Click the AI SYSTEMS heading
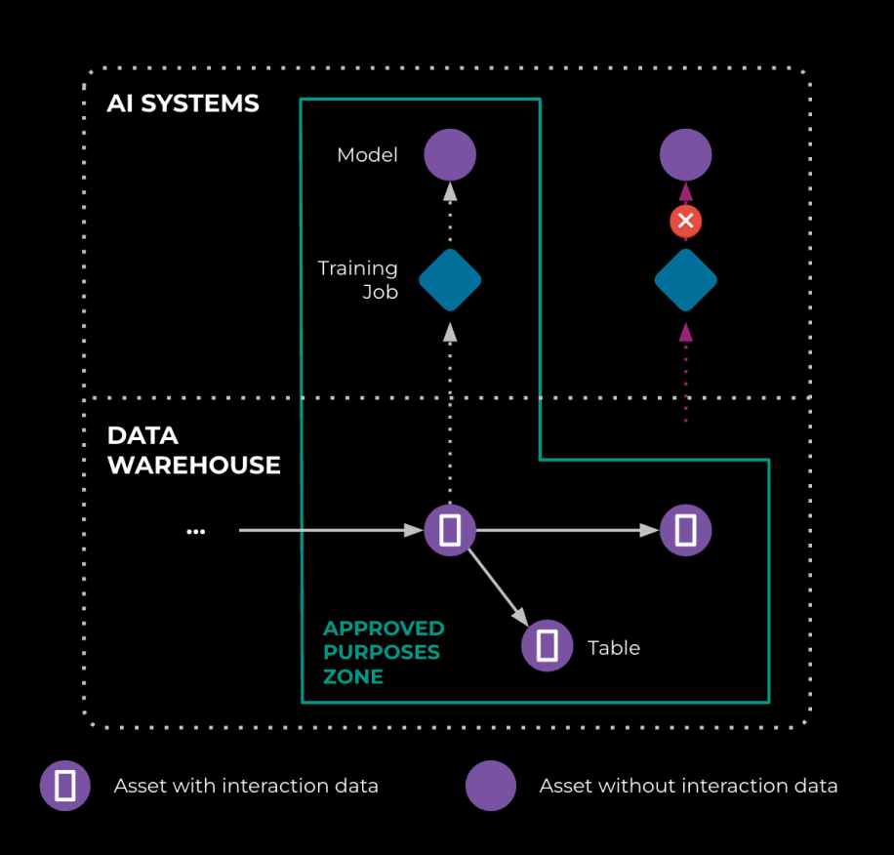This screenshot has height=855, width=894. coord(183,103)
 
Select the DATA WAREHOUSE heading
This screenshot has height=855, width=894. coord(193,450)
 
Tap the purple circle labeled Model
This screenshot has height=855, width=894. coord(450,154)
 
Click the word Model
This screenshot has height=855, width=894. coord(367,155)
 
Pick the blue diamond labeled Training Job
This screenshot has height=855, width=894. coord(450,280)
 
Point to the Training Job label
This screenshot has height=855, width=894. coord(358,279)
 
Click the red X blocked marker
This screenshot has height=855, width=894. coord(685,221)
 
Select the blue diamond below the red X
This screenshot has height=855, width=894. coord(685,280)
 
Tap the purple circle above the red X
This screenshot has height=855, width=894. coord(685,154)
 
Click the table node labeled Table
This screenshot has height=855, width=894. coord(548,645)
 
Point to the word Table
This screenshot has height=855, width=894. coord(614,648)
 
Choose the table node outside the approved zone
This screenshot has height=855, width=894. coord(685,530)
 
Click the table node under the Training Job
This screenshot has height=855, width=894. coord(450,530)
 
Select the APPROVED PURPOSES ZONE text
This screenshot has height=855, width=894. coord(384,652)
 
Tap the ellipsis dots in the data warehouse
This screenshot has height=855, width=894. coord(195,531)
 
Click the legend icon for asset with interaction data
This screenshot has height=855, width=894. coord(65,786)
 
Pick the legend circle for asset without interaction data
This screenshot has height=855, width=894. coord(491,786)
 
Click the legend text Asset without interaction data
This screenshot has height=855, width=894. coord(688,786)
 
